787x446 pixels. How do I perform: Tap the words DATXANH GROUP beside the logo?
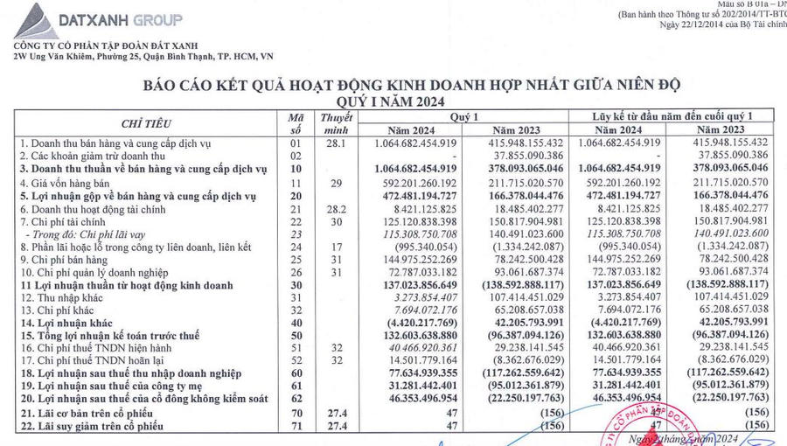pos(119,19)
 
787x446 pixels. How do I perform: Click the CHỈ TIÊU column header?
pos(146,123)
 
